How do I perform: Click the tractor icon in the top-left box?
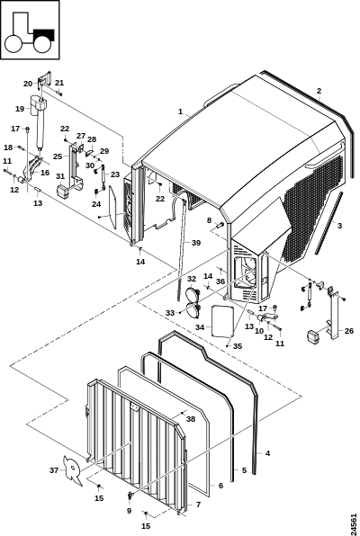coord(30,32)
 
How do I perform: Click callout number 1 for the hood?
coord(180,112)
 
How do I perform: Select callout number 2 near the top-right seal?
coord(319,91)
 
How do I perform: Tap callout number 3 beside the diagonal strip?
coord(339,226)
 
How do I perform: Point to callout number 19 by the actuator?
coord(20,109)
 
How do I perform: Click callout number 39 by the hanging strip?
coord(196,243)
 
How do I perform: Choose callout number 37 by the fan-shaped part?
coord(54,470)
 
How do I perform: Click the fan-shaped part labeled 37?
coord(74,470)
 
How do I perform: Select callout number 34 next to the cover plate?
coord(200,327)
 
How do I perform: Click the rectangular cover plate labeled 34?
coord(222,321)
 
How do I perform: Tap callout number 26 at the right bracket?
coord(349,331)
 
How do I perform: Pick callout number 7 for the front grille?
coord(199,505)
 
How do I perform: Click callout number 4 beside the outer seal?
coord(267,453)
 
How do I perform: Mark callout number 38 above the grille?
coord(191,419)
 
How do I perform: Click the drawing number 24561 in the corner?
coord(354,521)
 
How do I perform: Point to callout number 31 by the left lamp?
coord(60,176)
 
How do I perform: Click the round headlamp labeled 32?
coord(193,294)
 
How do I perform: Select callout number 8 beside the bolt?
coord(209,220)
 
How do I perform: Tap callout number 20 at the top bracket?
coord(28,84)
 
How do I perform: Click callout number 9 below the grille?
coord(129,511)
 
